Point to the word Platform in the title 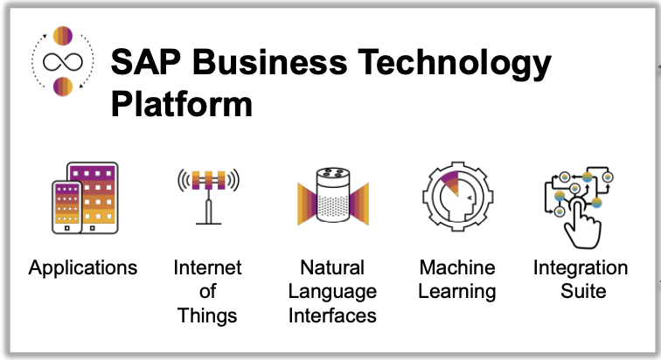(x=182, y=103)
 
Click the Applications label (x=83, y=267)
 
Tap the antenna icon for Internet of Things (x=207, y=192)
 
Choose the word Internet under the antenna (x=207, y=267)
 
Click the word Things (x=207, y=315)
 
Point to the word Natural (x=332, y=267)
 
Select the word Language (x=332, y=291)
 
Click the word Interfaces (x=332, y=315)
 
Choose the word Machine (x=456, y=267)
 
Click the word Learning (x=456, y=291)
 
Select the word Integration (x=581, y=267)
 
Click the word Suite (x=581, y=291)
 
